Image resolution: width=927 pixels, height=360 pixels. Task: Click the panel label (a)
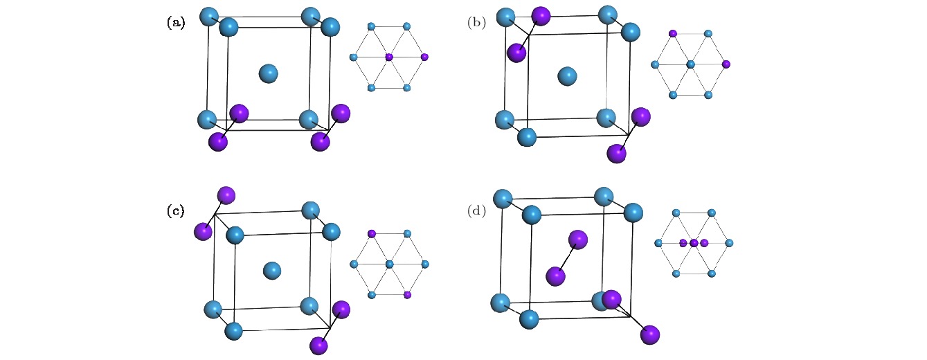[x=176, y=23]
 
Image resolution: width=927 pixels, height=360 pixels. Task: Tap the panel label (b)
[x=476, y=23]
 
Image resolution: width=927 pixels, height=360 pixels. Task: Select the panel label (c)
[x=176, y=211]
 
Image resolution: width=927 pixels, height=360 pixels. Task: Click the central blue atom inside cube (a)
[x=268, y=73]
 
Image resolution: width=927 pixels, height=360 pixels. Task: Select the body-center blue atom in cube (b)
[x=568, y=76]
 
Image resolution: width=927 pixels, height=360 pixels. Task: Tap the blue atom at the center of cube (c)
[x=272, y=270]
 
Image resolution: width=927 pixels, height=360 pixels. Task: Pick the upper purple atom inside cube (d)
[x=578, y=240]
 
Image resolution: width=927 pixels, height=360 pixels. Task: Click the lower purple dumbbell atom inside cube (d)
[x=555, y=276]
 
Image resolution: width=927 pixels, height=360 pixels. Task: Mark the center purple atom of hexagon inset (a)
[x=388, y=56]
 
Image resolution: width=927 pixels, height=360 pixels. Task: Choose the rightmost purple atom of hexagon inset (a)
[x=424, y=56]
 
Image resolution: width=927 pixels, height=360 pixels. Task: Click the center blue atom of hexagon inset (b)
[x=690, y=64]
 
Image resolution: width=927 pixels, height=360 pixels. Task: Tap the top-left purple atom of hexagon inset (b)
[x=672, y=33]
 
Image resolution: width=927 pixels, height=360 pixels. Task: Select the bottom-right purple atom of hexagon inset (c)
[x=407, y=295]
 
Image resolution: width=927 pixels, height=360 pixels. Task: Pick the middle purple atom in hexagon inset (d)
[x=694, y=243]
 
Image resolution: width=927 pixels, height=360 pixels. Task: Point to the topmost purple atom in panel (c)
[x=226, y=195]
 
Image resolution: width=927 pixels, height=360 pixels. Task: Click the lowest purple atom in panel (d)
[x=649, y=335]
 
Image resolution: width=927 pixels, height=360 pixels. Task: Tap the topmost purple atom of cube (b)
[x=540, y=15]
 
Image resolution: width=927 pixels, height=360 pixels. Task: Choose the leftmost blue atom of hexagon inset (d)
[x=658, y=243]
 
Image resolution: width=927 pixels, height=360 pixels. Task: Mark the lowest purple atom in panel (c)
[x=318, y=344]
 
